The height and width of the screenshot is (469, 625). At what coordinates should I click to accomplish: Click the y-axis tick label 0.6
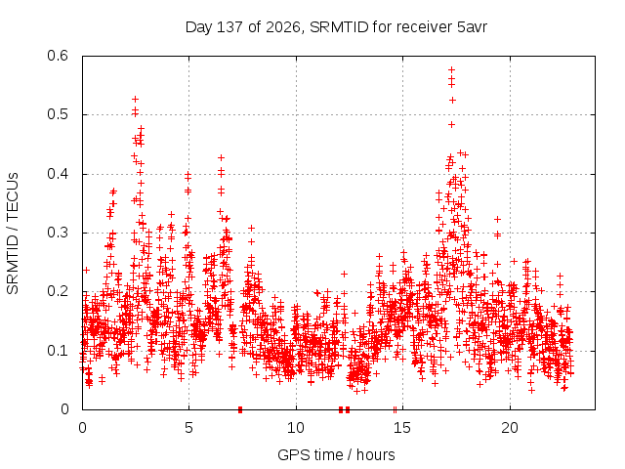point(58,56)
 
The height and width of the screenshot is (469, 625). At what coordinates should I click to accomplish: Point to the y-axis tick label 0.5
point(58,114)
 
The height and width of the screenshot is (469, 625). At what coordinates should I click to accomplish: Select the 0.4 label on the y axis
point(58,174)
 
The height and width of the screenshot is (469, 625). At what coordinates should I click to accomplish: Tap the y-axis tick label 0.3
point(58,233)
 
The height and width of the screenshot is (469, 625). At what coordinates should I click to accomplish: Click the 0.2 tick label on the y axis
point(58,291)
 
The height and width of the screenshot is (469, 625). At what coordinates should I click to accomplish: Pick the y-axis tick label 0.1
point(58,351)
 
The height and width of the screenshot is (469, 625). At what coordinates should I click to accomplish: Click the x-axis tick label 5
point(188,428)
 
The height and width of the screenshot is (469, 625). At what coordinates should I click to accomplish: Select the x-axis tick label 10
point(296,428)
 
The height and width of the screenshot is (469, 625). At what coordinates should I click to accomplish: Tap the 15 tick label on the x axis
point(402,428)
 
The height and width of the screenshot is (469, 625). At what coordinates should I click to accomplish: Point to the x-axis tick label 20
point(510,428)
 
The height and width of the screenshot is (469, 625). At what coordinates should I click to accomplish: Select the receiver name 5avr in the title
point(472,27)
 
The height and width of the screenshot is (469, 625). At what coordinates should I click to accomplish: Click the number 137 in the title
point(230,27)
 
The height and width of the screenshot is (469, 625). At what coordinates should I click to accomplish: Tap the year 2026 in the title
point(283,27)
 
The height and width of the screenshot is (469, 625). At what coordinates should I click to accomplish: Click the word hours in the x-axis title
point(375,454)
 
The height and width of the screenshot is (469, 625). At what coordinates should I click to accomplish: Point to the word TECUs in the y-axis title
point(13,196)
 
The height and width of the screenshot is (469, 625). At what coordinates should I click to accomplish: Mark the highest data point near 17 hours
point(451,70)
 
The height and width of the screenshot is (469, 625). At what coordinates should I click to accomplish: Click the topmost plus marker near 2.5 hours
point(135,99)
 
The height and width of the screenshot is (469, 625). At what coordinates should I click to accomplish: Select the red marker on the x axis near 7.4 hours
point(240,409)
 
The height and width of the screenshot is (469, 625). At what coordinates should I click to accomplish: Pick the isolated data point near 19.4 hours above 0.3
point(497,219)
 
